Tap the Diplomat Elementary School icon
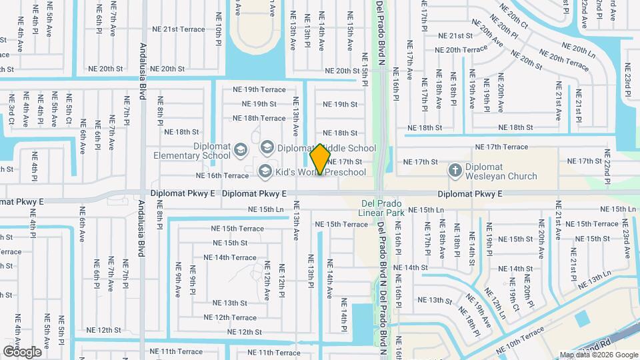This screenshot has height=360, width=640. point(241,153)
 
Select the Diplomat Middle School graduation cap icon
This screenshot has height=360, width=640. point(267,147)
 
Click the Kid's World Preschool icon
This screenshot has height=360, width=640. point(265,172)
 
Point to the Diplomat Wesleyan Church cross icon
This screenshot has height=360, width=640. point(455,171)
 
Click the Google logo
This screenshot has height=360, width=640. point(22,351)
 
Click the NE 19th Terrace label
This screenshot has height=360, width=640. point(259,89)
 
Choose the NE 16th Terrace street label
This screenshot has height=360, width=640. point(222,175)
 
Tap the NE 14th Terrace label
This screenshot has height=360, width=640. point(229,257)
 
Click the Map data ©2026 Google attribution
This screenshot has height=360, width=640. point(598,355)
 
